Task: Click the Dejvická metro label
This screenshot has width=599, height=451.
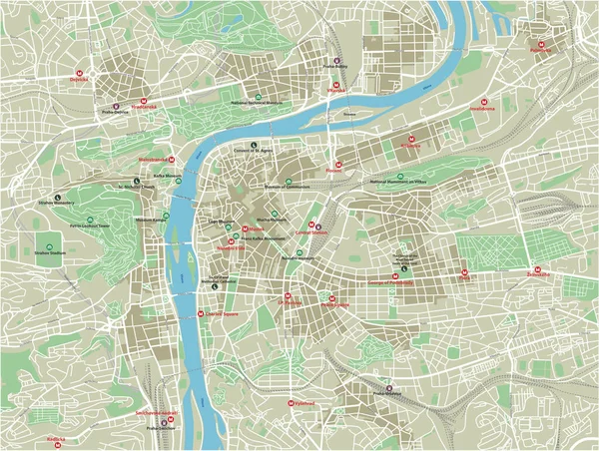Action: click(x=80, y=79)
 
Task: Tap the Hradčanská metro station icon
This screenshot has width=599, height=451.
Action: click(x=145, y=102)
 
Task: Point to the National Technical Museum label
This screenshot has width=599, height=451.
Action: click(x=258, y=102)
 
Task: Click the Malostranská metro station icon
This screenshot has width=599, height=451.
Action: click(x=173, y=159)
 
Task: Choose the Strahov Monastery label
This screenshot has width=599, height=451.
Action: click(x=57, y=204)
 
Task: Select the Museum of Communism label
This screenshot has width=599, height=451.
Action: click(x=288, y=185)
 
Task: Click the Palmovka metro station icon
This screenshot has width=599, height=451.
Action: click(x=541, y=45)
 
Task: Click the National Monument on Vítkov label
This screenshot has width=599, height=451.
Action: click(x=397, y=183)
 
